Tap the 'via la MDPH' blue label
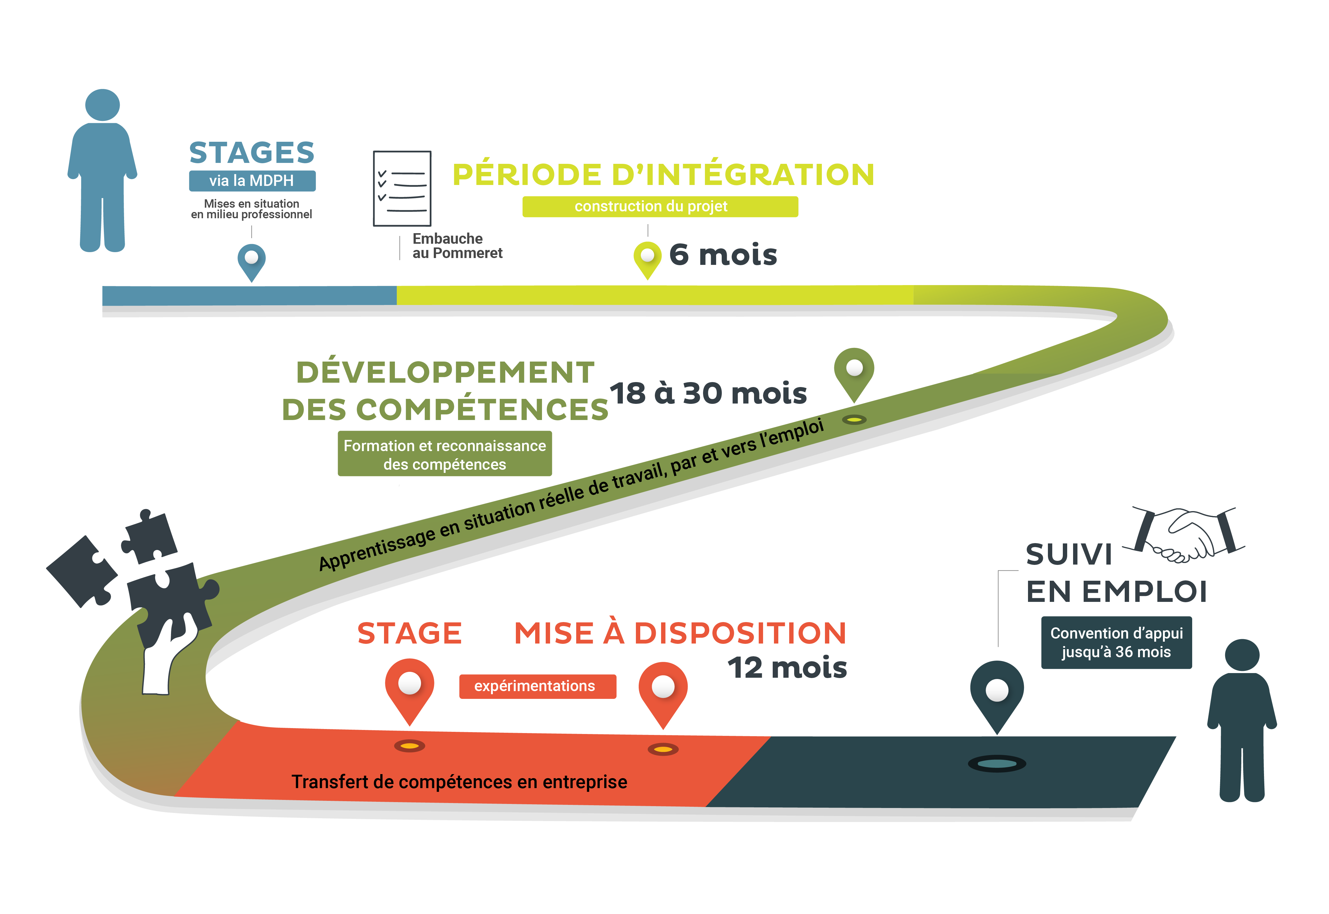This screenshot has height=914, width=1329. tap(252, 181)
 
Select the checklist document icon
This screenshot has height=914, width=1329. tap(402, 188)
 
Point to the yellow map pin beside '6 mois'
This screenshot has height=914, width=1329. tap(647, 258)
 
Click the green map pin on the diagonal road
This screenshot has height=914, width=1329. tap(854, 371)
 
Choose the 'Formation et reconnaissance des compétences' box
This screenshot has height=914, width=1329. tap(445, 454)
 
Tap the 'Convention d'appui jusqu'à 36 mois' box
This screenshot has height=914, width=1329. tap(1116, 643)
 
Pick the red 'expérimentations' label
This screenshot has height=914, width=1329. tap(537, 686)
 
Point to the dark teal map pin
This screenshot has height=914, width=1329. tap(997, 693)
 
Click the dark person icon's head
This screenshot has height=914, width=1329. tap(1242, 655)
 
